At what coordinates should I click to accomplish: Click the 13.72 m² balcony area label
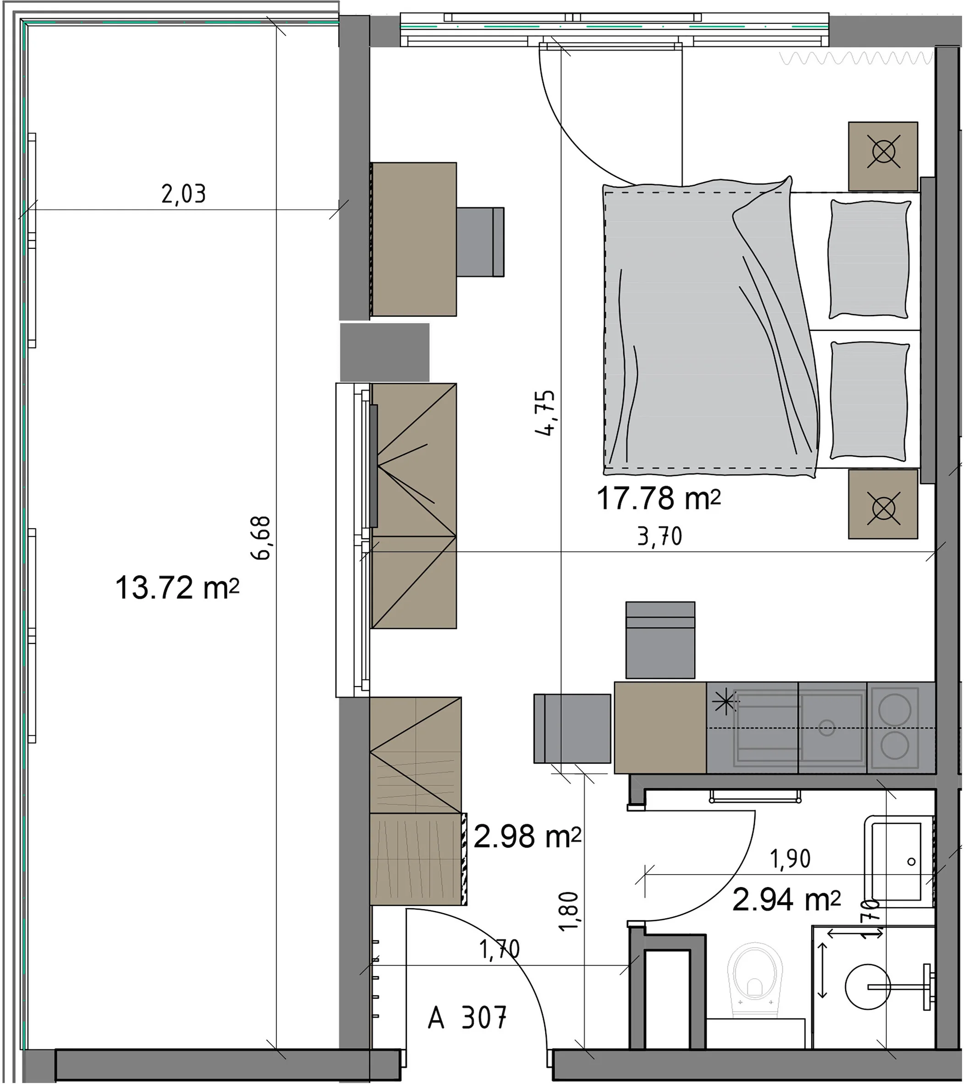point(177,588)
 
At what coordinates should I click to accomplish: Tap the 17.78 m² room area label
point(659,498)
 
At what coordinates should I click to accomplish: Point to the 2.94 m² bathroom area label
point(786,900)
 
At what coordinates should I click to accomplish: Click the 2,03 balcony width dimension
point(183,194)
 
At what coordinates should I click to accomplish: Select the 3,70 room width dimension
point(659,537)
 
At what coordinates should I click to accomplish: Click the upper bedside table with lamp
point(883,156)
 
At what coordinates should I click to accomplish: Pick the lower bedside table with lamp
point(883,504)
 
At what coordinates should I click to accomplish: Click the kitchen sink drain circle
point(827,727)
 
